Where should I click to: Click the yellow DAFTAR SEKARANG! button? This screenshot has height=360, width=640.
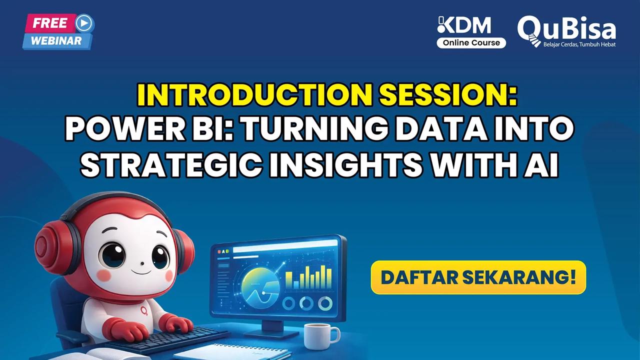tap(478, 277)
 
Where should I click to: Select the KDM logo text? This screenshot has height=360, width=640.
tap(464, 26)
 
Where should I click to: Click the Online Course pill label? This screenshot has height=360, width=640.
tap(471, 43)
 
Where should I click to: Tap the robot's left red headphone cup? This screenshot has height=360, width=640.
tap(50, 247)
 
